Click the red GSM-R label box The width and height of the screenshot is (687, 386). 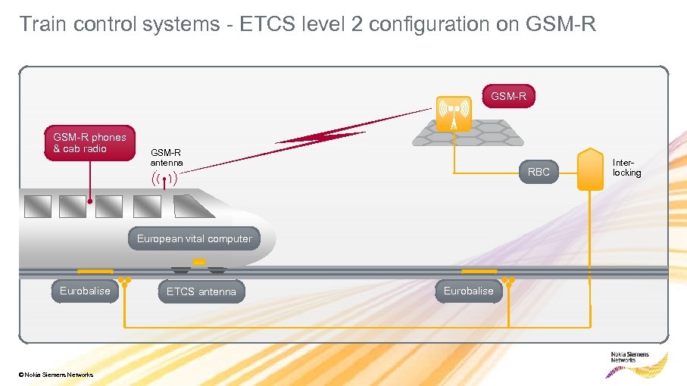click(508, 97)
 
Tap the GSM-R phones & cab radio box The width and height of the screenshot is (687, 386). click(89, 143)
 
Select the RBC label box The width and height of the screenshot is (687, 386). click(539, 173)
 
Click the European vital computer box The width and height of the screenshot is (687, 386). click(194, 239)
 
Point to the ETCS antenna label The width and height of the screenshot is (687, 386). click(201, 291)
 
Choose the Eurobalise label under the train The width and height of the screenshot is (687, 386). click(85, 291)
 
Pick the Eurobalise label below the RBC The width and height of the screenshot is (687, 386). click(468, 291)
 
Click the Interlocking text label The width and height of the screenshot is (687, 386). click(626, 167)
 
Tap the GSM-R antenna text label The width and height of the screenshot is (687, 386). click(166, 157)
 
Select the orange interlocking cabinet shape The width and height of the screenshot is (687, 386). click(589, 170)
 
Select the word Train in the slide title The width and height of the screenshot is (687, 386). click(42, 25)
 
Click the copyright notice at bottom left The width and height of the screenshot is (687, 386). click(58, 375)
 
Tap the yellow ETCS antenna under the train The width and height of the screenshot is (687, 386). click(198, 263)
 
